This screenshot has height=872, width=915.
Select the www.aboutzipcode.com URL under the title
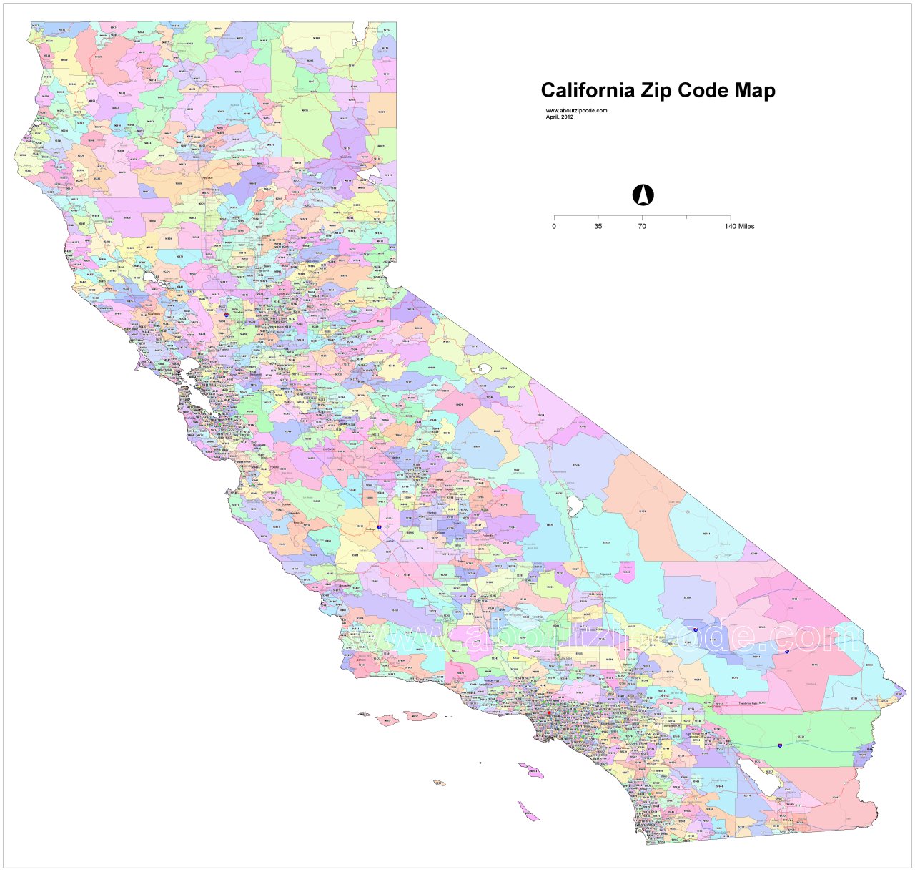[x=576, y=111]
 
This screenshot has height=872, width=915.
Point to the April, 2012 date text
[x=560, y=117]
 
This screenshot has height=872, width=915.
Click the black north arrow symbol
[x=643, y=195]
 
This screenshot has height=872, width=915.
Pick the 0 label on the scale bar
[x=554, y=227]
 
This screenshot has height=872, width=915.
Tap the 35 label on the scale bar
[x=598, y=227]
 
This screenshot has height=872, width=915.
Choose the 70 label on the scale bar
[x=642, y=227]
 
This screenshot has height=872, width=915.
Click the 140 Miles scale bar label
[x=739, y=227]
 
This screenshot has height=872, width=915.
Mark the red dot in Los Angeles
[x=549, y=712]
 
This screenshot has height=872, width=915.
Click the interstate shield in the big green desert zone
[x=780, y=745]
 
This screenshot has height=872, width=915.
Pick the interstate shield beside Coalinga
[x=379, y=528]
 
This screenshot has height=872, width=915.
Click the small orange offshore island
[x=439, y=783]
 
